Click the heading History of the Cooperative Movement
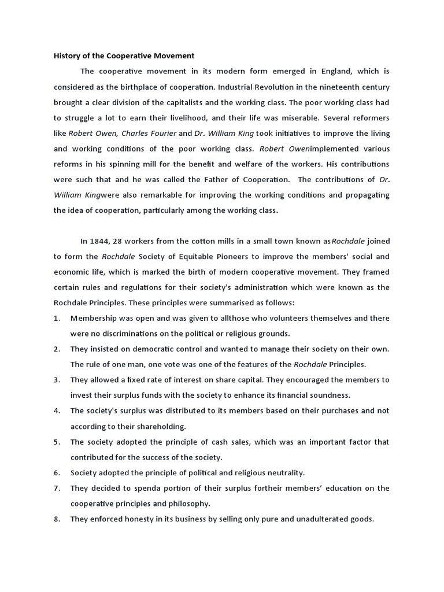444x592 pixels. point(124,56)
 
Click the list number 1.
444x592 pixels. point(57,318)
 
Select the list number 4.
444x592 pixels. point(57,411)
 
